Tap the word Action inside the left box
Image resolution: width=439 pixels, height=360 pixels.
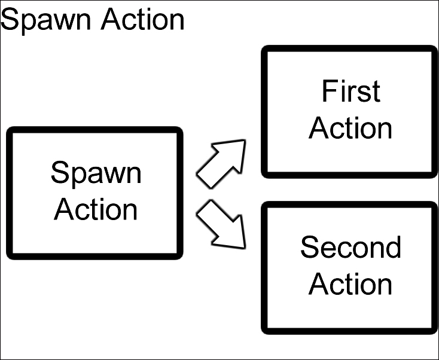pyautogui.click(x=96, y=209)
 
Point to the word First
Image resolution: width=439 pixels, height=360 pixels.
pyautogui.click(x=350, y=91)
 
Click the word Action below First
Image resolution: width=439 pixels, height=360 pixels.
pyautogui.click(x=350, y=128)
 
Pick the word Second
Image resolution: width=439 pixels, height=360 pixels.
pyautogui.click(x=350, y=247)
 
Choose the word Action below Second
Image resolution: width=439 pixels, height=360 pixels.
pyautogui.click(x=350, y=284)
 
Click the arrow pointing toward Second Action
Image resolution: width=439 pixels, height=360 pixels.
pyautogui.click(x=222, y=225)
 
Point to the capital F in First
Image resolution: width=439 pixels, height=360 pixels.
pyautogui.click(x=328, y=91)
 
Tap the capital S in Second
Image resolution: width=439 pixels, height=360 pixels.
pyautogui.click(x=309, y=247)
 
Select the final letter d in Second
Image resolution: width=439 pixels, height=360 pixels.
pyautogui.click(x=393, y=247)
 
